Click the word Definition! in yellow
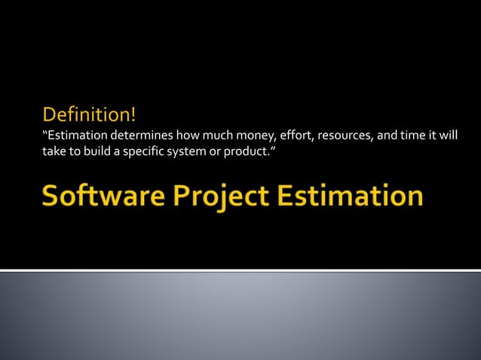point(89,115)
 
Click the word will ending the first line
point(449,136)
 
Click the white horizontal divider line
point(240,270)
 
